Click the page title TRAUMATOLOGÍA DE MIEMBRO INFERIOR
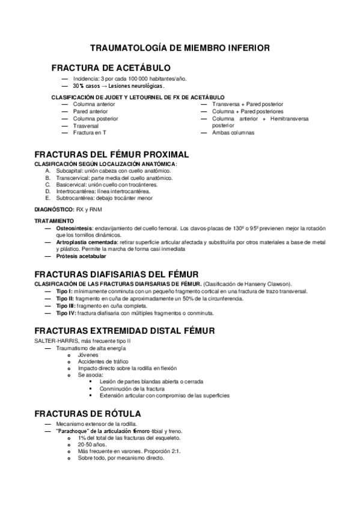click(x=180, y=47)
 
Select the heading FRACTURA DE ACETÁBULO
click(x=111, y=67)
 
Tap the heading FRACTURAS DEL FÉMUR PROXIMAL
click(x=112, y=155)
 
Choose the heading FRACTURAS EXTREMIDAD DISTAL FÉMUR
click(x=121, y=331)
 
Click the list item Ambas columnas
click(x=233, y=132)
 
